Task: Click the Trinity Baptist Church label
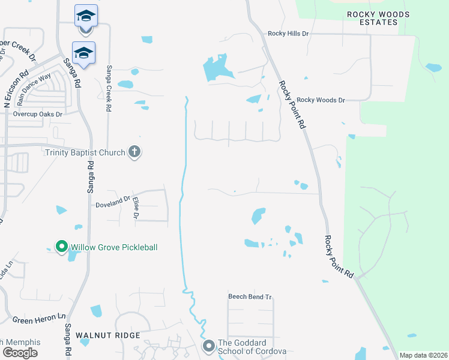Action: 85,152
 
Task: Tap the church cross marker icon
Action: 134,152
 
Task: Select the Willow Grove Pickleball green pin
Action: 61,247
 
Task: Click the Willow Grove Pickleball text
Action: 114,247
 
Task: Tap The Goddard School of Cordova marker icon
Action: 209,346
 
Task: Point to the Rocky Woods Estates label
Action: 378,18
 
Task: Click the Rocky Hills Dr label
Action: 288,34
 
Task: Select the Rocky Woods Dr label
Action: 321,100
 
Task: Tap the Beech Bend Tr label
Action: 250,297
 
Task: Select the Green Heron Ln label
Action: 38,316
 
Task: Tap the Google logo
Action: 20,353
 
